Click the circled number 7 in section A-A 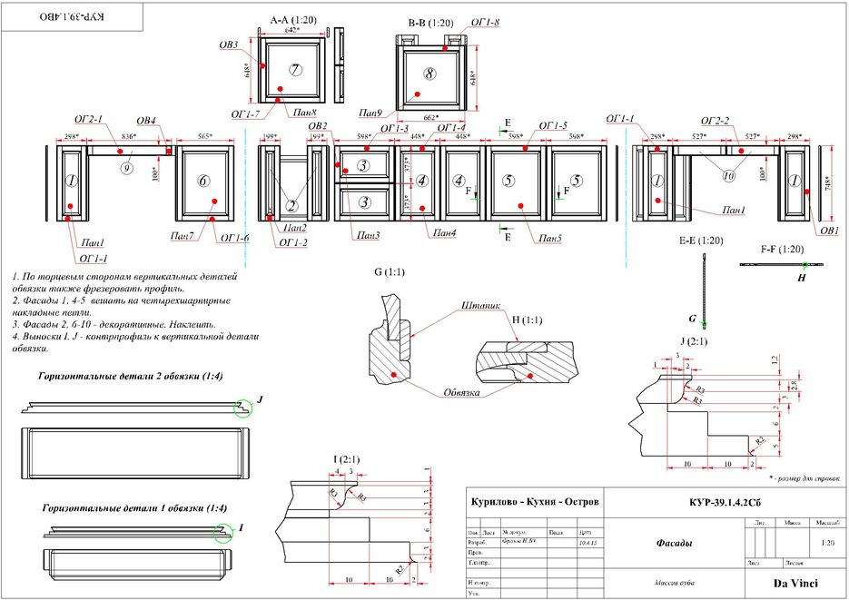(x=295, y=71)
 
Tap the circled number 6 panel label (x=203, y=181)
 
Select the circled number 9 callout (x=128, y=167)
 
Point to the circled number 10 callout (x=728, y=177)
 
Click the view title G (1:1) (x=390, y=271)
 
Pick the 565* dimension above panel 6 (x=206, y=137)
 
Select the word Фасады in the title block (x=675, y=543)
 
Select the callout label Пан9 (x=370, y=113)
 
